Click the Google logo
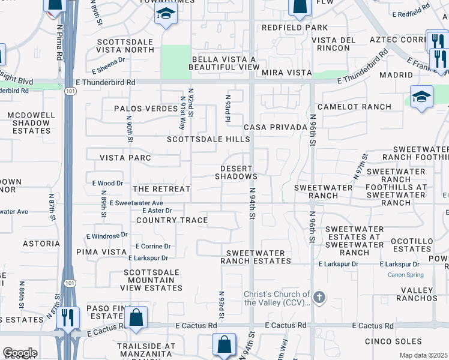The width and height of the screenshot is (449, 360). click(x=20, y=353)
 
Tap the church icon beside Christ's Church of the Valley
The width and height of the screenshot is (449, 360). click(x=319, y=297)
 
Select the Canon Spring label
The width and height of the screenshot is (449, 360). click(x=405, y=275)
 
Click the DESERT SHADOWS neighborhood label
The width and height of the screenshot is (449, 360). click(x=237, y=173)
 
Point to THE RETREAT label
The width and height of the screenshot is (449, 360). click(x=161, y=189)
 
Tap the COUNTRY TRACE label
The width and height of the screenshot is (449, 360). click(x=172, y=220)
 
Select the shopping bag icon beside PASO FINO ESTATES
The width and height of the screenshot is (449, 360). click(x=137, y=318)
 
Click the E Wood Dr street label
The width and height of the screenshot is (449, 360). click(x=107, y=183)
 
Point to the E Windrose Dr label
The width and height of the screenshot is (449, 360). click(x=107, y=235)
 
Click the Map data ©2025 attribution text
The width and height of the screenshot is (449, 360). click(x=424, y=355)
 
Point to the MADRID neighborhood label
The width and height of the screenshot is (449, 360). click(x=396, y=75)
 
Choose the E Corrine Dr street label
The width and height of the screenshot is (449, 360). click(x=153, y=246)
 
